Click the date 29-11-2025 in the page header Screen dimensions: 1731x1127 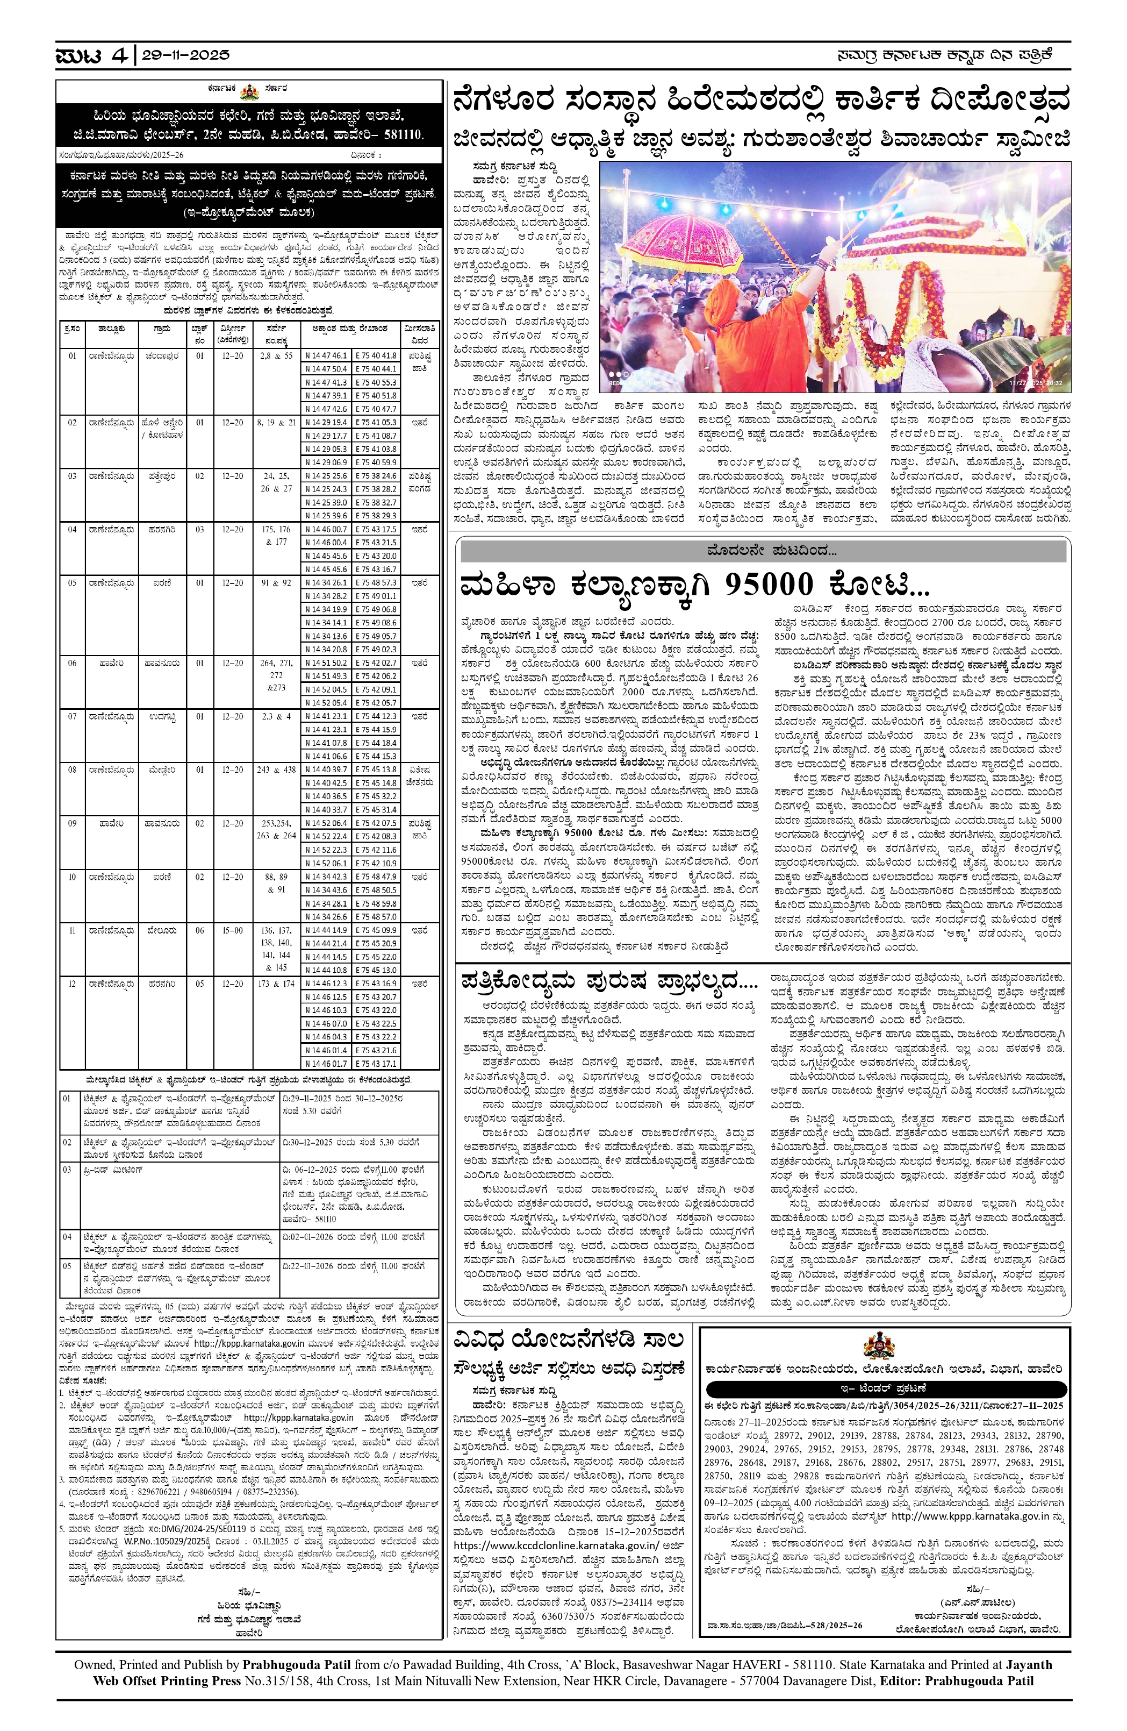[x=185, y=55]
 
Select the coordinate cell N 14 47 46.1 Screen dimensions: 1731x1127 [x=326, y=355]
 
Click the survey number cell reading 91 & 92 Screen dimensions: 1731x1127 [x=277, y=582]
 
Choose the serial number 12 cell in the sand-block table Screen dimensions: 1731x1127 [x=72, y=984]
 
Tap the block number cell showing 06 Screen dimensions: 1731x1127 [x=200, y=930]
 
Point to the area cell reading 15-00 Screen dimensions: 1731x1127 [x=233, y=930]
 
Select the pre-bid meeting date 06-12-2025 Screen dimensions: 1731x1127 [x=313, y=1170]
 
